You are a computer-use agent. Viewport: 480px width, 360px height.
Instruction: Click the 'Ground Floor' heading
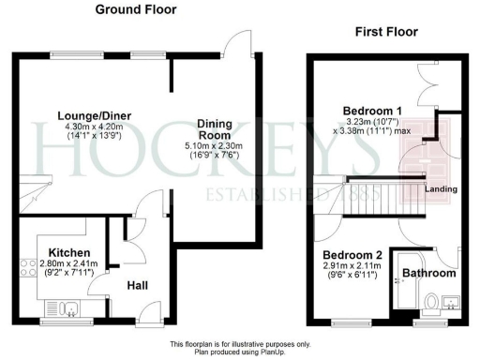tap(135, 10)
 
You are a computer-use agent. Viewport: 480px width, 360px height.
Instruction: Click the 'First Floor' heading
tap(384, 32)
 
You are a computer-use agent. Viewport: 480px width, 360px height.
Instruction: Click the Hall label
tap(137, 286)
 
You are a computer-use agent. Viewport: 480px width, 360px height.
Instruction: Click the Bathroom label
tap(429, 274)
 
